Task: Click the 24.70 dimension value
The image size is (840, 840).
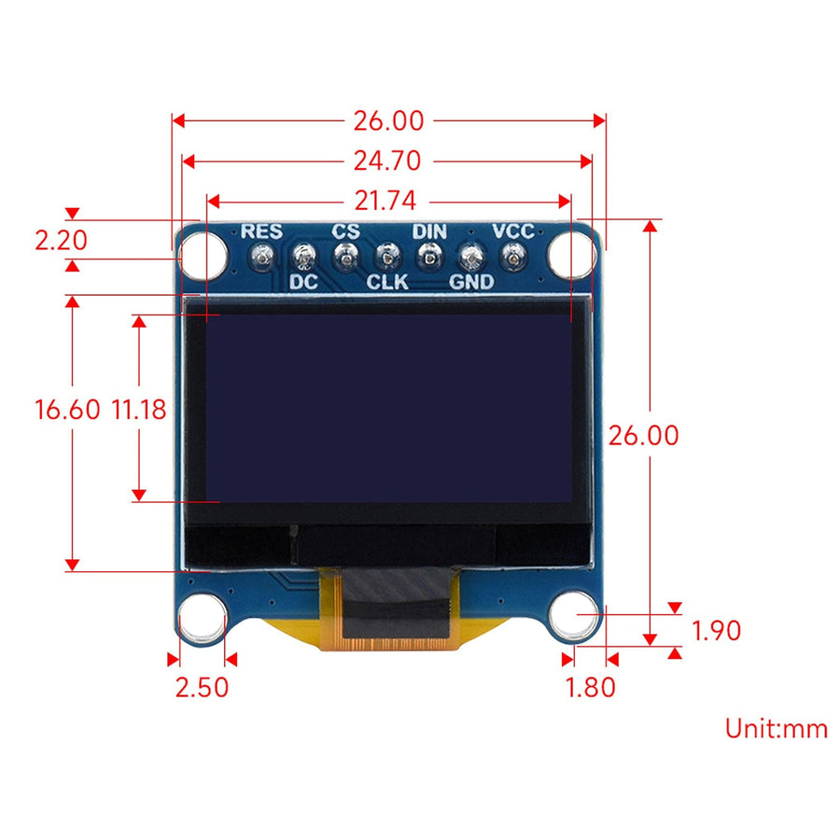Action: click(387, 161)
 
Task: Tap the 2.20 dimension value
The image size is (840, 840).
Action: click(61, 241)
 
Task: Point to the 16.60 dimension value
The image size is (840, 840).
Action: click(67, 409)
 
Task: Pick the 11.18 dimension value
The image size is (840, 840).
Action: click(139, 409)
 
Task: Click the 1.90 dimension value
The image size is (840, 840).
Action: click(717, 631)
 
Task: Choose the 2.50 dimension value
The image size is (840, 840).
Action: click(202, 687)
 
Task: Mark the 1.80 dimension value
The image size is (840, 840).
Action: click(591, 687)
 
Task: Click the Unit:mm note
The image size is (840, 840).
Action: click(777, 728)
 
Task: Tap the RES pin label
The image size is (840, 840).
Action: click(261, 231)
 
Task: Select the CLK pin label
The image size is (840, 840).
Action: click(387, 281)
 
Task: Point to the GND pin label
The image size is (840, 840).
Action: click(471, 281)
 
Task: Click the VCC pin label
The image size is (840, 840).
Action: click(513, 231)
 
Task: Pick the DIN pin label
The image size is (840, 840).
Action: click(429, 231)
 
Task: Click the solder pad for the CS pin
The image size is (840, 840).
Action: click(345, 255)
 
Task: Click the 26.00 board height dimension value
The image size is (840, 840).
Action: click(643, 435)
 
